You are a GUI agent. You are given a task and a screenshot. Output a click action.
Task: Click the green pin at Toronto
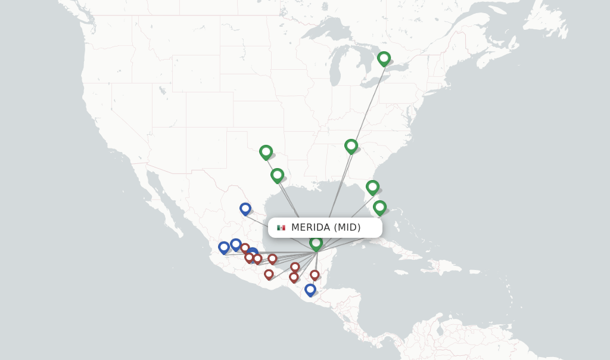[384, 58]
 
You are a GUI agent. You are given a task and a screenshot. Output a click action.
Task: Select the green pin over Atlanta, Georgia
[351, 146]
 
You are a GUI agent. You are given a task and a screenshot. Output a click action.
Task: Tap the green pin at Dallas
[266, 152]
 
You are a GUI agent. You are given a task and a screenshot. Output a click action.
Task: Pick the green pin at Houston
[277, 175]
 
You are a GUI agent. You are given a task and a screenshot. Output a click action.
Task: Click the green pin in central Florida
[372, 187]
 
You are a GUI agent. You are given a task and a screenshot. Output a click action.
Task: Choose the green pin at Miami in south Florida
[379, 207]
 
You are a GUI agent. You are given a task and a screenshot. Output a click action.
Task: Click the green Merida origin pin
[316, 243]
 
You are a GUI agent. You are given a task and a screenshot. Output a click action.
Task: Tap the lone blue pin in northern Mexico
[245, 209]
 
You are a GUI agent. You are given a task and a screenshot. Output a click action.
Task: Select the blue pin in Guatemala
[310, 290]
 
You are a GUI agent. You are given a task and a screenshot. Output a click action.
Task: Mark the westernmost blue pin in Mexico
[223, 247]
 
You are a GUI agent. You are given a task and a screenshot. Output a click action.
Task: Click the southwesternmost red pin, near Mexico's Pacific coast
[269, 274]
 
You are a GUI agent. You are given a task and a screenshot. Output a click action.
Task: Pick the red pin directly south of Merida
[315, 275]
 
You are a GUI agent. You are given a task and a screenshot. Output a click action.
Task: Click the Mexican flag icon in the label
[281, 228]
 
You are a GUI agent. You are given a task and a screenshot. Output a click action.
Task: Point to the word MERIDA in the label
[310, 227]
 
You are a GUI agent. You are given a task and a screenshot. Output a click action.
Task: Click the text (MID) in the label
[347, 227]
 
